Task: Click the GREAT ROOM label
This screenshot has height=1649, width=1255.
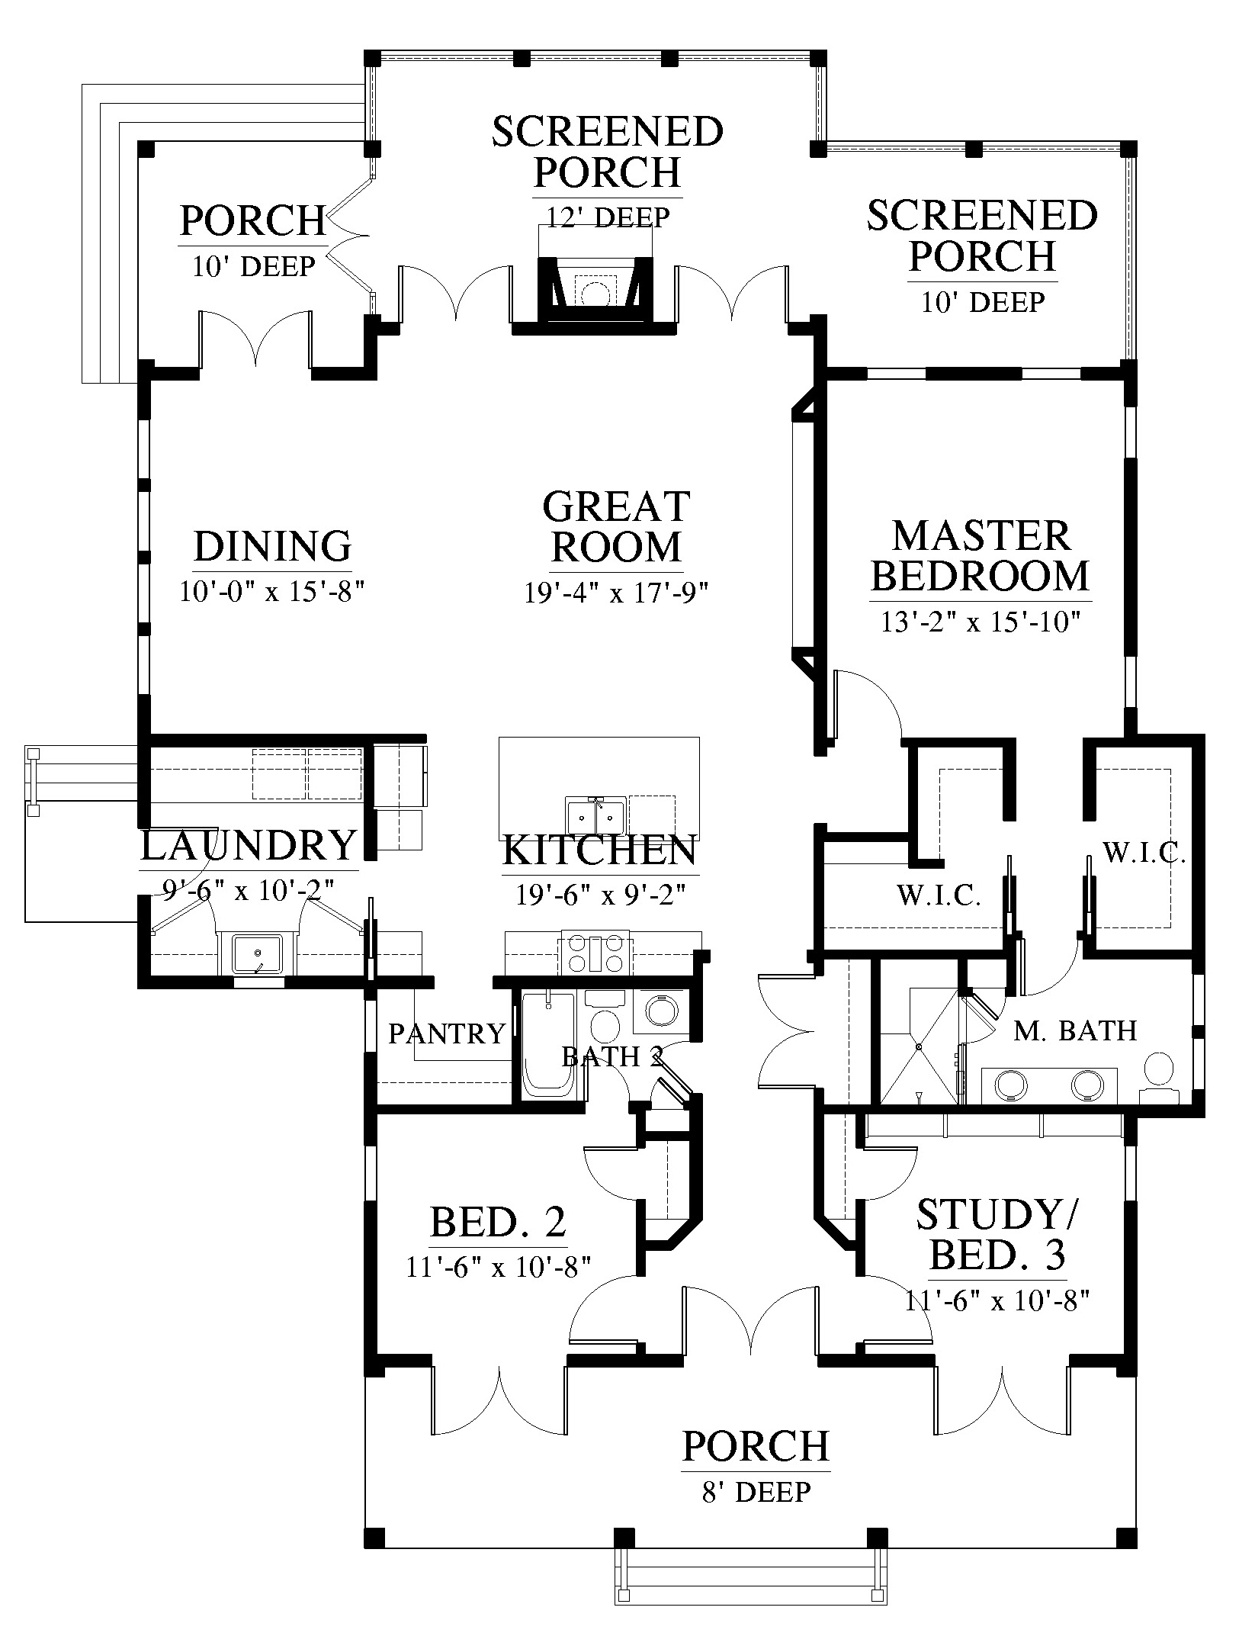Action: [x=616, y=526]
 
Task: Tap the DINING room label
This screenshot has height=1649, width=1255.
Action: [x=272, y=546]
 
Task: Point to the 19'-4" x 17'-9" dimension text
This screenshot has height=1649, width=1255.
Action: [x=616, y=593]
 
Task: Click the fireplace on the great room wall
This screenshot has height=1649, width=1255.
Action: [x=595, y=291]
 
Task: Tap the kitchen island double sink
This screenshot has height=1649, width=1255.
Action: [x=595, y=817]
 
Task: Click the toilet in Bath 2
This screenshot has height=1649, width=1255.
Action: [x=607, y=1026]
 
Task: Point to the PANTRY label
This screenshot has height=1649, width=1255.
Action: [x=447, y=1034]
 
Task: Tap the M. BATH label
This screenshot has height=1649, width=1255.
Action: [x=1075, y=1031]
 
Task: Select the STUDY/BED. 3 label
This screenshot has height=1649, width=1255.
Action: [x=996, y=1234]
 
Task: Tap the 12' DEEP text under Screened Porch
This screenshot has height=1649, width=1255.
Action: [x=608, y=217]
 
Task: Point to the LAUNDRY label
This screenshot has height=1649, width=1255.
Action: [x=249, y=846]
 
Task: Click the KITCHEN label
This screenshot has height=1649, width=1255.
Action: [x=600, y=850]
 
